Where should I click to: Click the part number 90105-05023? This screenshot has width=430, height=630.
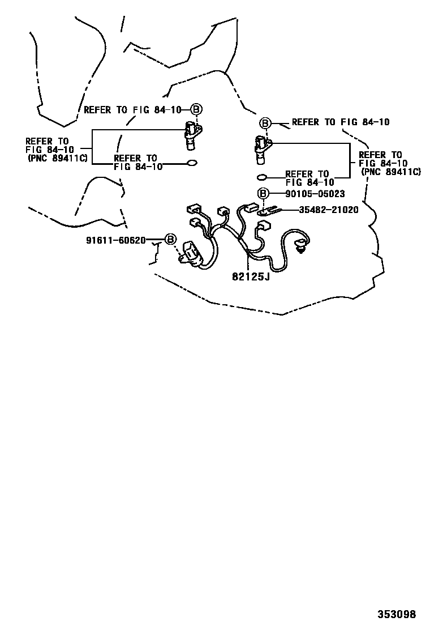315,194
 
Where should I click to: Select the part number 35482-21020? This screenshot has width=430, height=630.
329,210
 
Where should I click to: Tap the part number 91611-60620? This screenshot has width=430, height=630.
116,240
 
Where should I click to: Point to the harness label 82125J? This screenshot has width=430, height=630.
251,276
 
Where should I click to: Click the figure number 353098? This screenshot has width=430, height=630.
397,614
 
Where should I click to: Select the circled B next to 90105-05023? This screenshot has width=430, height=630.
263,194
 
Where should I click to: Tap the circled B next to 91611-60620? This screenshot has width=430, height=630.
170,240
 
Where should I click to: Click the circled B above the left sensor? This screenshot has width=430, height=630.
196,109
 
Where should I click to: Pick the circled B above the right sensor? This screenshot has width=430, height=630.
265,123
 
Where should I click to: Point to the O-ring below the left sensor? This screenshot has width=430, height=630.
192,163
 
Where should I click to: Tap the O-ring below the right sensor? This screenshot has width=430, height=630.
261,177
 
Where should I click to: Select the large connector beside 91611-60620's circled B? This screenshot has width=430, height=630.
190,254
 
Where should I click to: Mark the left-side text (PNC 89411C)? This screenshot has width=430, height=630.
58,158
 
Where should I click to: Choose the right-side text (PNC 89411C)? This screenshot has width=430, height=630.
391,172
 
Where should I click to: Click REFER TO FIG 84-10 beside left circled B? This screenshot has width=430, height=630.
133,109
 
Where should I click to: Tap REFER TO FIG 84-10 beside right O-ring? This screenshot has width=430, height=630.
309,178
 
